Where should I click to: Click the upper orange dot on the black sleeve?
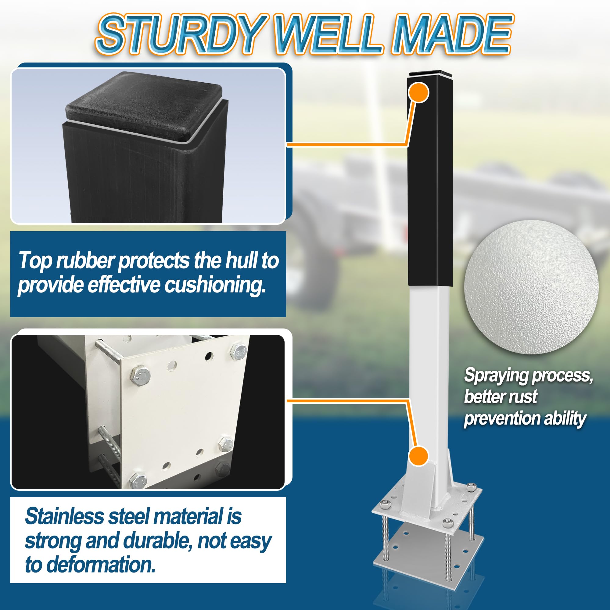tap(418, 92)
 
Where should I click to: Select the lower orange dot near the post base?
tap(418, 456)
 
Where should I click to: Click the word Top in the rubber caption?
tap(34, 261)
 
